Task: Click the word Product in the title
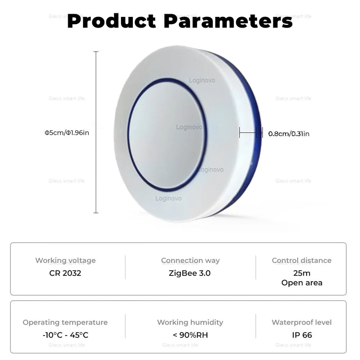[x=111, y=21]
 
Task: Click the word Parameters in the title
[x=228, y=21]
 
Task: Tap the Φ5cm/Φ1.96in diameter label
[x=67, y=133]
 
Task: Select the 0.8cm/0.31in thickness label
[x=289, y=134]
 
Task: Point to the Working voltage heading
[x=65, y=260]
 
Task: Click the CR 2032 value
[x=65, y=273]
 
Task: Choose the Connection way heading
[x=190, y=260]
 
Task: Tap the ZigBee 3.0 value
[x=190, y=273]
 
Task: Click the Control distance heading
[x=302, y=260]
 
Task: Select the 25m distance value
[x=302, y=273]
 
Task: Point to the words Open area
[x=302, y=283]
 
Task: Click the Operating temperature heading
[x=65, y=322]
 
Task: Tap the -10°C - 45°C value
[x=65, y=335]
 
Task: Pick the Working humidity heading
[x=190, y=322]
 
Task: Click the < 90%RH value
[x=190, y=335]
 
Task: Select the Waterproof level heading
[x=302, y=322]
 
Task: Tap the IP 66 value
[x=302, y=335]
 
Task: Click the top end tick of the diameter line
[x=96, y=52]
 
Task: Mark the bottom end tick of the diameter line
[x=96, y=213]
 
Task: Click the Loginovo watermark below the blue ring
[x=168, y=198]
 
